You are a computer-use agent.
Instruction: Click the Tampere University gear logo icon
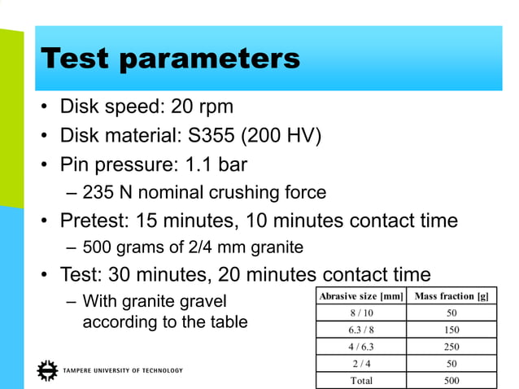48,369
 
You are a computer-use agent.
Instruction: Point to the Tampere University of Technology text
122,370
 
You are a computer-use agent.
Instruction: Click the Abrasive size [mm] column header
361,295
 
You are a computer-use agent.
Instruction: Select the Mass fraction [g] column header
451,295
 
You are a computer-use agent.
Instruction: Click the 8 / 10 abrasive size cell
361,313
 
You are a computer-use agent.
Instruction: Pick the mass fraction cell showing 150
451,330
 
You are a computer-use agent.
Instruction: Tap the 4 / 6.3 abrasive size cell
361,347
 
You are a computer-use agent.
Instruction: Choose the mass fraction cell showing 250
451,347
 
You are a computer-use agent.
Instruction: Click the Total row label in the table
361,380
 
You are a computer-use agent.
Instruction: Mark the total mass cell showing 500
451,380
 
